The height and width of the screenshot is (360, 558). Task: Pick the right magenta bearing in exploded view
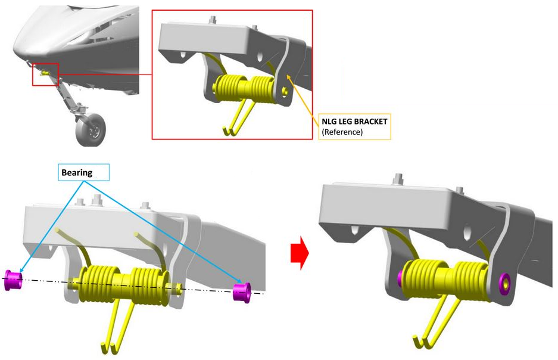(x=241, y=291)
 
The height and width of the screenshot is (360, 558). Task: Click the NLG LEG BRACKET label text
(x=354, y=121)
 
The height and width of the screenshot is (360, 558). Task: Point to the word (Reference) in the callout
(x=342, y=132)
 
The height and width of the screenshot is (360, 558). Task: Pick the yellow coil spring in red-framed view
(x=244, y=89)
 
